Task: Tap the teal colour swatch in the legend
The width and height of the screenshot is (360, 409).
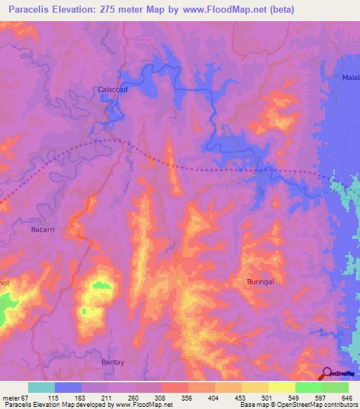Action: [x=41, y=387]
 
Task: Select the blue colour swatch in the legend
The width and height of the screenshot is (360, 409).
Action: [x=68, y=387]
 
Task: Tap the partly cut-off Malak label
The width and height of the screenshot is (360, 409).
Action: [x=350, y=77]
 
